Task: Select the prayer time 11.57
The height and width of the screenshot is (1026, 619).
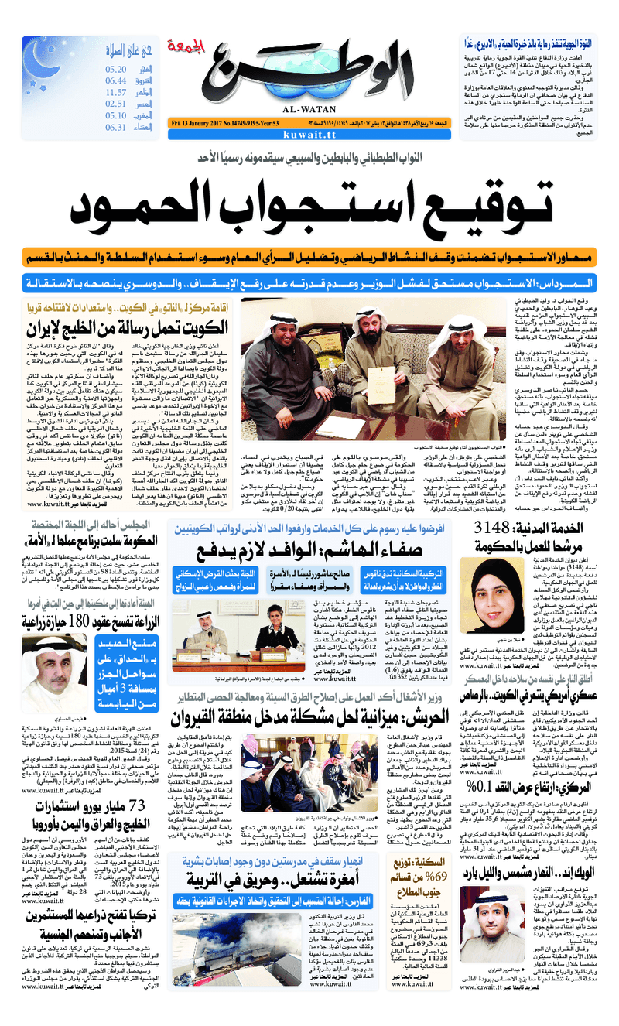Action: coord(115,92)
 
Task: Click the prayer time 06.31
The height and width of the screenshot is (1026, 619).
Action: coord(115,127)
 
